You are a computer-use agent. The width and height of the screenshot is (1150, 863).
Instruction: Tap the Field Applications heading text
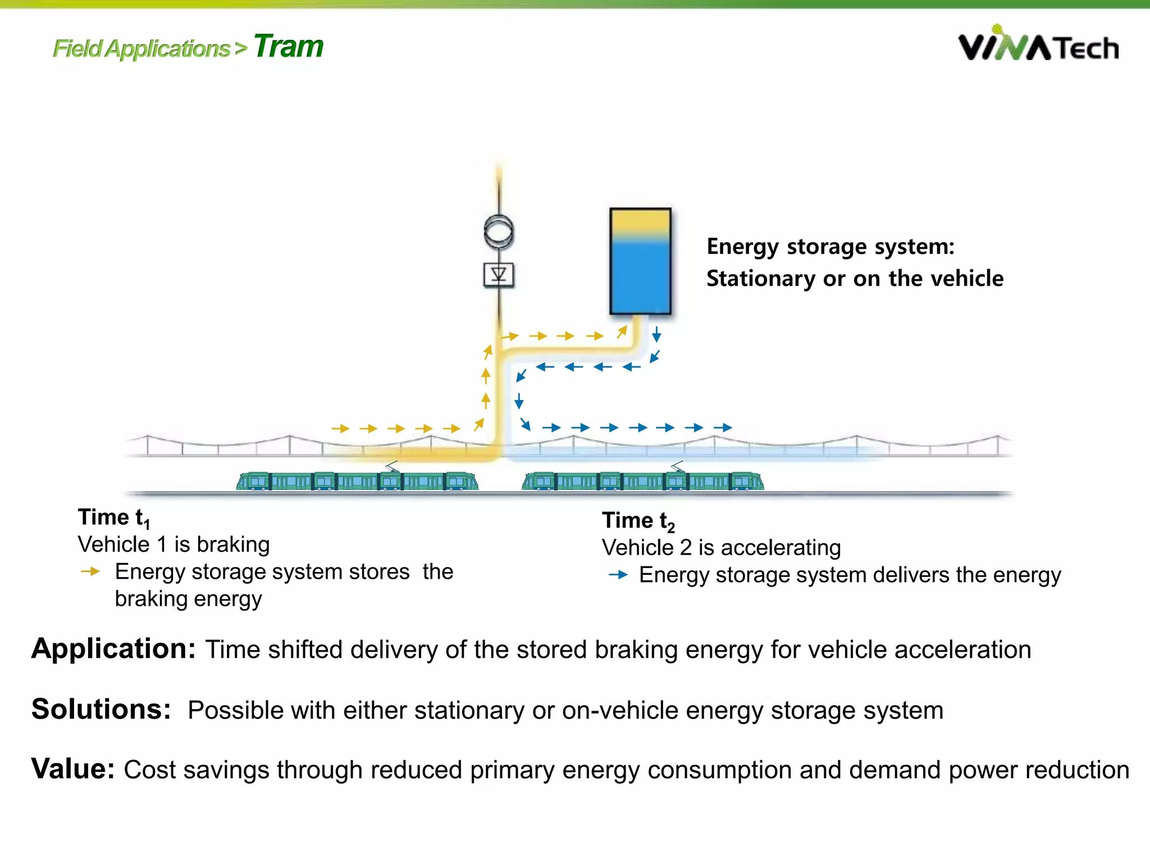[x=142, y=49]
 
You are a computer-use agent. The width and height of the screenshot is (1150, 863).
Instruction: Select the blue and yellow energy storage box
[x=640, y=261]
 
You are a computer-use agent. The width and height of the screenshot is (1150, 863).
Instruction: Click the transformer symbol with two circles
[x=499, y=231]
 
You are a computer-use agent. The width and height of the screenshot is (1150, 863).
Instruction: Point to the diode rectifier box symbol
[x=499, y=275]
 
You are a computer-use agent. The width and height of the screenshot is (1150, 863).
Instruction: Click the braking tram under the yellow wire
[x=357, y=481]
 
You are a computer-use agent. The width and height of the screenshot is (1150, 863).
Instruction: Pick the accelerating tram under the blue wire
[x=643, y=481]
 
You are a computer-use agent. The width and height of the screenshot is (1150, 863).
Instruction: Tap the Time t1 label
[x=113, y=517]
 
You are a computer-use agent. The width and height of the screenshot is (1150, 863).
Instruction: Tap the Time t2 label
[x=638, y=521]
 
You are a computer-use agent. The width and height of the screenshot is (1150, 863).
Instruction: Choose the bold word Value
[x=73, y=769]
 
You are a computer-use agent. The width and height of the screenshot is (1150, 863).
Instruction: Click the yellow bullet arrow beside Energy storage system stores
[x=90, y=572]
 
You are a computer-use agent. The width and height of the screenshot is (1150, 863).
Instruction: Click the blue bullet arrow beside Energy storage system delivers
[x=618, y=575]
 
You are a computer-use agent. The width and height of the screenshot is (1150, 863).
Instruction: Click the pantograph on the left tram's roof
[x=392, y=466]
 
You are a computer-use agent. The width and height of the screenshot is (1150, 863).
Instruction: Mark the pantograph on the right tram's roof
[x=678, y=466]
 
